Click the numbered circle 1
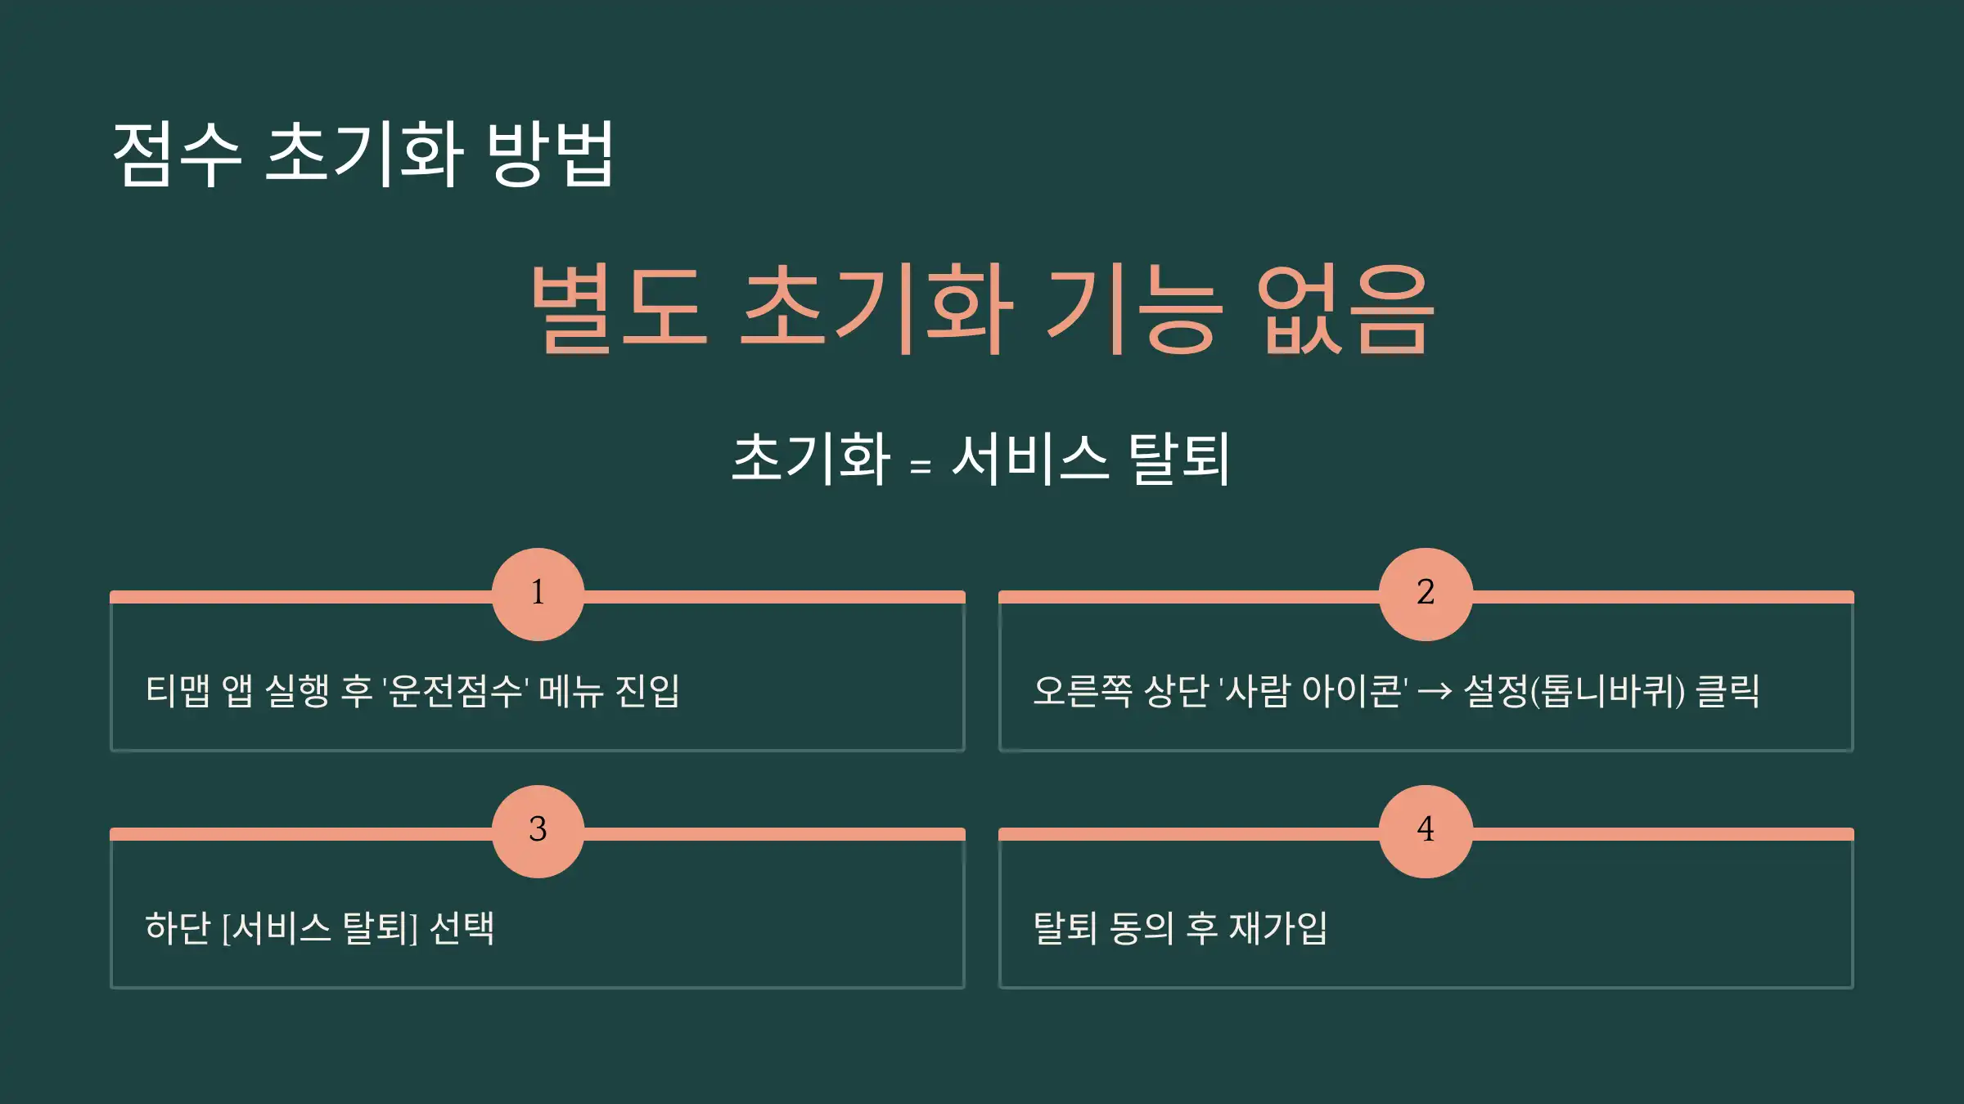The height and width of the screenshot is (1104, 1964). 538,594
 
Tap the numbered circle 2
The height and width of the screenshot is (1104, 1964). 1426,594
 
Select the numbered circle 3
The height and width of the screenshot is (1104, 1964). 538,831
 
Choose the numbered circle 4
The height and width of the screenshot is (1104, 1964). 1426,831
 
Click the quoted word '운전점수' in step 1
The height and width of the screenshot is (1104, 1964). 455,691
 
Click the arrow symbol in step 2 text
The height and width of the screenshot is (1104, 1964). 1435,692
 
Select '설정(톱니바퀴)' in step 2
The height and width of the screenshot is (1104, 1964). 1574,691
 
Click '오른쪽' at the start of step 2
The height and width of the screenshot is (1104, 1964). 1083,691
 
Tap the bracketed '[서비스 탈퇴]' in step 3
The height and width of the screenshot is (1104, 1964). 319,928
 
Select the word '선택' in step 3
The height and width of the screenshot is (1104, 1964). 462,928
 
